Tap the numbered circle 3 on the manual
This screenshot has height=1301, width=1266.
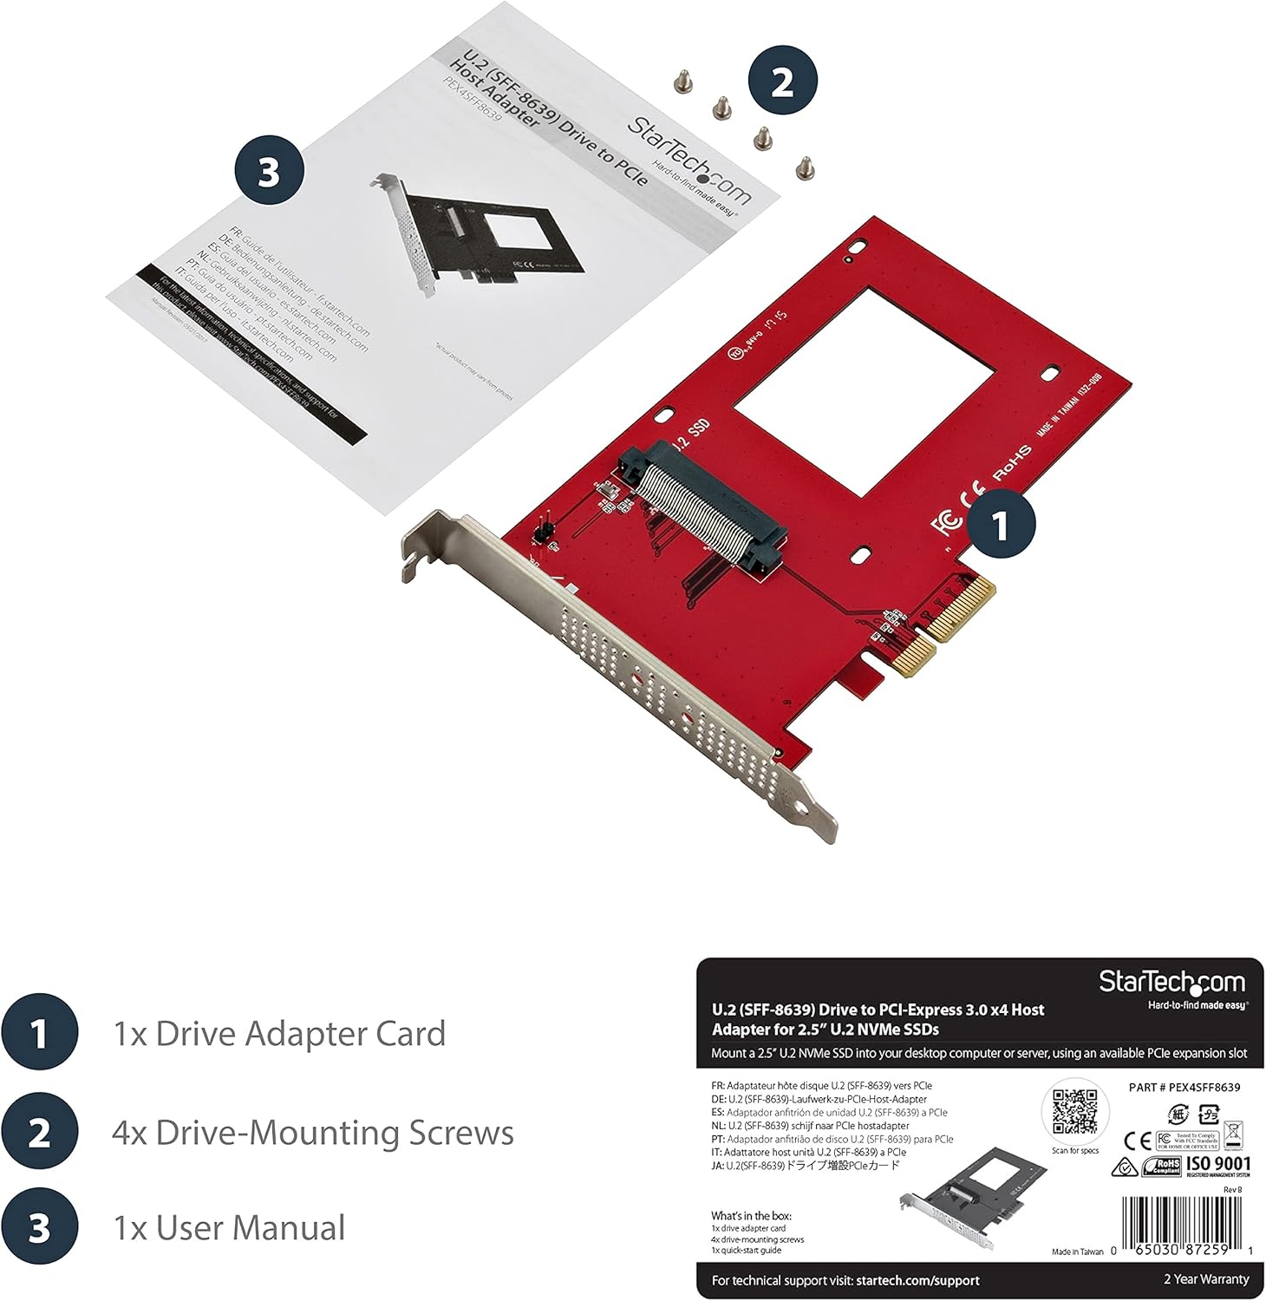pos(269,171)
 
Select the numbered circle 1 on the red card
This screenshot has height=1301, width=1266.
pos(1001,524)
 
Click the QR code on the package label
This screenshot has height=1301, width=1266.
pos(1075,1113)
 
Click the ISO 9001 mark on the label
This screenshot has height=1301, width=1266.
pos(1218,1165)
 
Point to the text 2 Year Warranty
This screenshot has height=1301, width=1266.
pos(1205,1279)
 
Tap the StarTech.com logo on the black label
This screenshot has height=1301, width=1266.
pos(1172,984)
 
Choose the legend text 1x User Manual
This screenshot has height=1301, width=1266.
pos(229,1228)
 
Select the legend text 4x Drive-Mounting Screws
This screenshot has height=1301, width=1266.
pos(313,1133)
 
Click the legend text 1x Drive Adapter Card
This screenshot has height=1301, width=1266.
pos(279,1034)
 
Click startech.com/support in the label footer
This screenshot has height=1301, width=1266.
pos(917,1280)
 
